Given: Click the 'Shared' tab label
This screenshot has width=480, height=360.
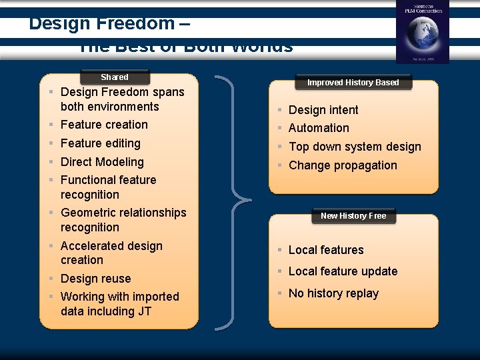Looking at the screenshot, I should [114, 77].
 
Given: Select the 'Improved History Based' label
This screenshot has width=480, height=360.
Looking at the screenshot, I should [353, 83].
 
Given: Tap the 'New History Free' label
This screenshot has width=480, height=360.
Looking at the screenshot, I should [353, 216].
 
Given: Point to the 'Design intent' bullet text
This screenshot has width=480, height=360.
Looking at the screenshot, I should [323, 110].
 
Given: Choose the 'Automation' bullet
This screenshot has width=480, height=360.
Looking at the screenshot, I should [319, 128].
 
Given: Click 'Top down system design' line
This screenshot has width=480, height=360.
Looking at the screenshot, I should [355, 147].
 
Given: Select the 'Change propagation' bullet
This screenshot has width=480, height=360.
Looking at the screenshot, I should [343, 165].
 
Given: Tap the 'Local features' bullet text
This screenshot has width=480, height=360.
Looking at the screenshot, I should [326, 250].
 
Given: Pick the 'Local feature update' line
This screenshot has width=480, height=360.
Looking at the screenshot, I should [343, 271].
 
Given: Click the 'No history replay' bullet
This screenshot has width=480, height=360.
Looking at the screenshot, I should [333, 293].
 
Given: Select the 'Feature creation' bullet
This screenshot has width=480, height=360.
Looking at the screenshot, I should [104, 125].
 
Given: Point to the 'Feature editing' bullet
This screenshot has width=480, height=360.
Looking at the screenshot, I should [100, 143].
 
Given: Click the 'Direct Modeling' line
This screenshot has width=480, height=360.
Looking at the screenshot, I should [102, 162].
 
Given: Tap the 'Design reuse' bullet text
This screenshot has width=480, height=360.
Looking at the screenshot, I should [95, 279].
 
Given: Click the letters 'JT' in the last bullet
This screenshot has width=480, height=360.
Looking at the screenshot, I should [144, 311].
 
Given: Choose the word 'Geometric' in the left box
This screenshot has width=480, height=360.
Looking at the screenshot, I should [87, 213].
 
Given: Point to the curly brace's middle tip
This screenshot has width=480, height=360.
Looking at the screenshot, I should [251, 199].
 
